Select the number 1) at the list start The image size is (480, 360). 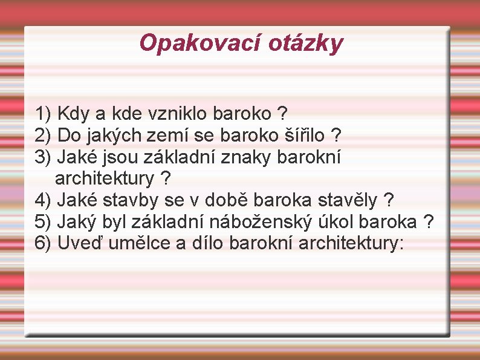coord(44,113)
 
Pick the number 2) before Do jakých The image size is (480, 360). coord(44,135)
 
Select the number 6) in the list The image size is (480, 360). coord(44,243)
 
